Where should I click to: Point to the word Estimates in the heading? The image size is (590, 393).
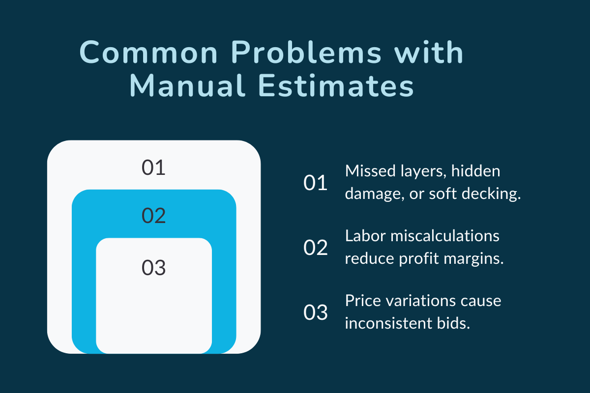point(334,87)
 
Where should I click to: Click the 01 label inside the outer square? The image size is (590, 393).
point(153,168)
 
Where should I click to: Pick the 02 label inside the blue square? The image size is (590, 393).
point(153,216)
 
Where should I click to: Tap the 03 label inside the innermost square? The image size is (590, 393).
point(153,268)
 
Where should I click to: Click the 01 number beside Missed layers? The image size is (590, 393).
point(315,183)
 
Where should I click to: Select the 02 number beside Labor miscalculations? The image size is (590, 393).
point(315,248)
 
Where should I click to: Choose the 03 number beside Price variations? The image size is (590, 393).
point(315,313)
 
